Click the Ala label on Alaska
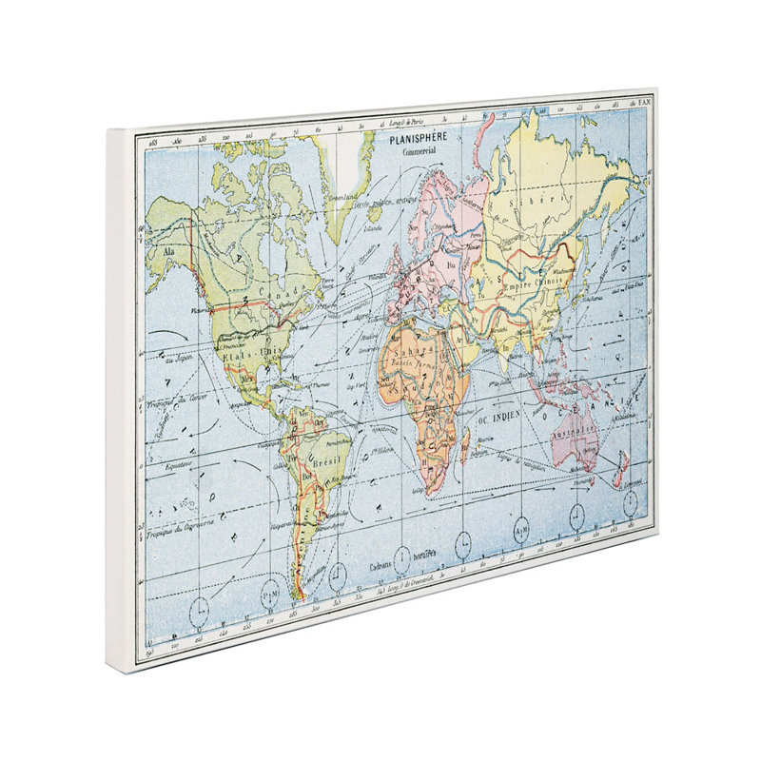[x=170, y=251]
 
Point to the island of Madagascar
[x=465, y=445]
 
